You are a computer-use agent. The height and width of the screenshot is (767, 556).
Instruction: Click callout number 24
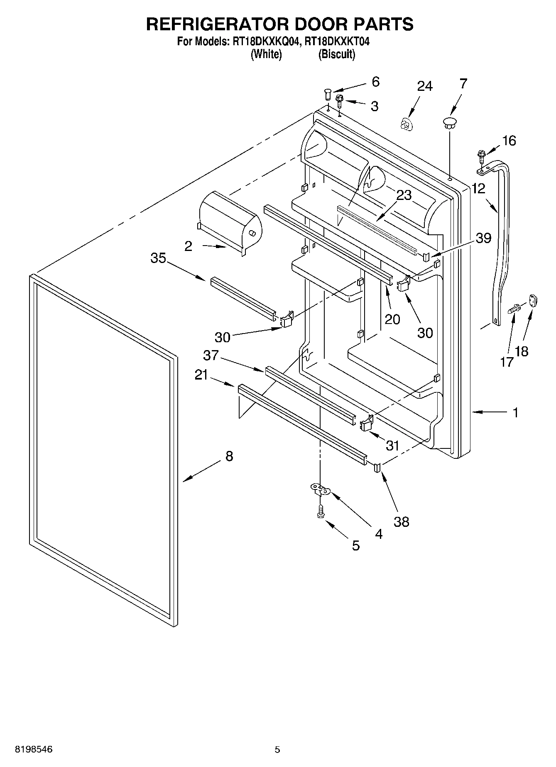click(x=425, y=86)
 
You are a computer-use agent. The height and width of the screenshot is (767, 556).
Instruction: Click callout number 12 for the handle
click(x=478, y=189)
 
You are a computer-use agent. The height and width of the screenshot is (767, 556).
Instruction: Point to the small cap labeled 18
click(x=534, y=300)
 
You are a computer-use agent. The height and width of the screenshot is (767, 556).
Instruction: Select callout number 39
click(x=483, y=238)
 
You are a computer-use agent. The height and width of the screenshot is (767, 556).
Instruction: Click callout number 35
click(x=158, y=258)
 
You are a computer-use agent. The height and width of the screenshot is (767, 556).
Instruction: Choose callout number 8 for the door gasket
click(x=229, y=457)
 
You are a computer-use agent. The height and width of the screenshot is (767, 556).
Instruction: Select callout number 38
click(x=402, y=521)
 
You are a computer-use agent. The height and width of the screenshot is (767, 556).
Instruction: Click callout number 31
click(x=392, y=446)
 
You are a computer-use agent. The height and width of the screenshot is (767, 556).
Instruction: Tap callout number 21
click(x=201, y=375)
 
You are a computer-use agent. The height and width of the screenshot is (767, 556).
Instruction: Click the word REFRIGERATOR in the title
click(x=218, y=24)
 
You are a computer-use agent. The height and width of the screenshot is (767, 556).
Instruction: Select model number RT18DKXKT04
click(x=337, y=41)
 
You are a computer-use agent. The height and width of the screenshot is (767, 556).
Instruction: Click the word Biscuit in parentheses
click(x=337, y=54)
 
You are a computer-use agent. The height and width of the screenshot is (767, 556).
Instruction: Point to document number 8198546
click(x=34, y=749)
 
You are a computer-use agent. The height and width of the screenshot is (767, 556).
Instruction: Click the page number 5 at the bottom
click(x=277, y=750)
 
